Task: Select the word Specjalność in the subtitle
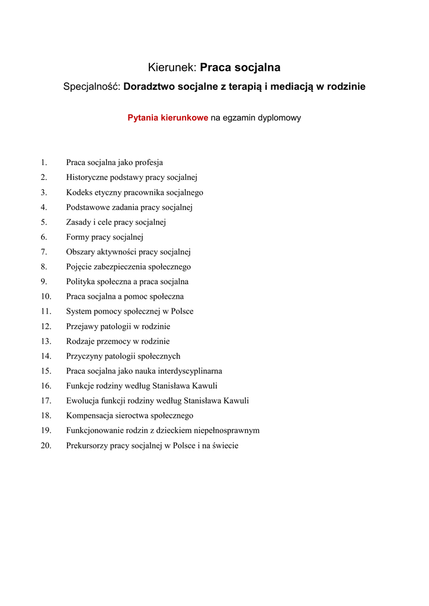pyautogui.click(x=92, y=87)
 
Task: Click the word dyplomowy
pyautogui.click(x=278, y=118)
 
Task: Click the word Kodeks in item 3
pyautogui.click(x=79, y=192)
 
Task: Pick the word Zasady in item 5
pyautogui.click(x=79, y=223)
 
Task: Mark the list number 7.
pyautogui.click(x=44, y=252)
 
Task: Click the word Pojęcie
pyautogui.click(x=80, y=267)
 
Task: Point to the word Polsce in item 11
pyautogui.click(x=182, y=311)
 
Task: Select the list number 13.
pyautogui.click(x=46, y=341)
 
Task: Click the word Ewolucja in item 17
pyautogui.click(x=82, y=401)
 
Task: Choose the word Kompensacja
pyautogui.click(x=90, y=416)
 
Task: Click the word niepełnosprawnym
pyautogui.click(x=226, y=431)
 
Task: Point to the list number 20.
pyautogui.click(x=46, y=446)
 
